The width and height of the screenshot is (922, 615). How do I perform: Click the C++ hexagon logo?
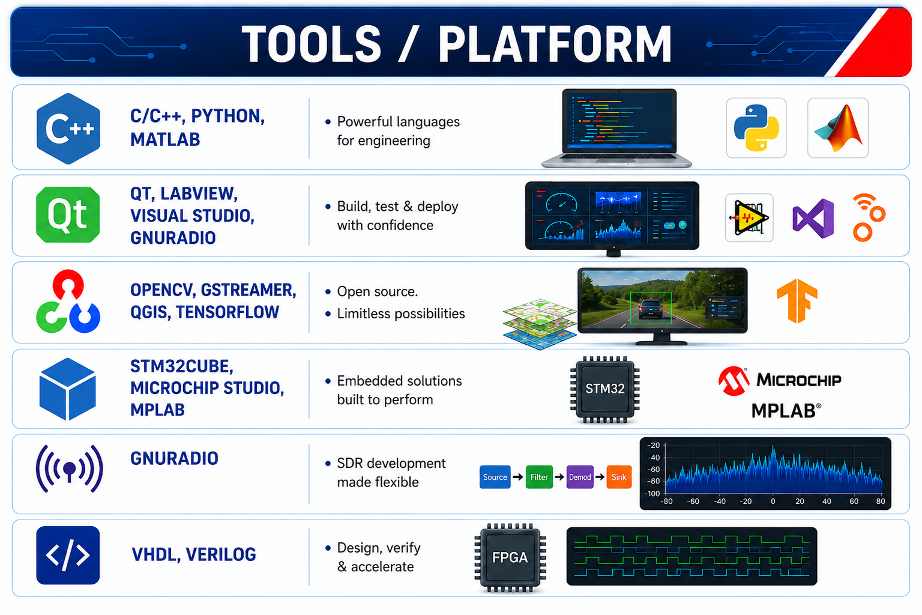tap(68, 129)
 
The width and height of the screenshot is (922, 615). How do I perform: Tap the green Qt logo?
tap(68, 214)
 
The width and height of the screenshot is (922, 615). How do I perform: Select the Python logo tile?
tap(756, 128)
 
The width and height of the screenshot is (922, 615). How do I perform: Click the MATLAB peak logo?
tap(838, 128)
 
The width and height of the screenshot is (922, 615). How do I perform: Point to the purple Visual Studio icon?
tap(813, 219)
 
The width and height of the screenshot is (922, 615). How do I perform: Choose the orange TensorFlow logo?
tap(797, 301)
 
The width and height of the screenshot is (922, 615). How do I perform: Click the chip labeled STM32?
tap(604, 389)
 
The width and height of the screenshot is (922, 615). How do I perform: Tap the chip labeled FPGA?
tap(510, 557)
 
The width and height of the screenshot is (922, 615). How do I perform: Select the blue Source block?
tap(495, 477)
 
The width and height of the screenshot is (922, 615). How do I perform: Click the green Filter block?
tap(539, 477)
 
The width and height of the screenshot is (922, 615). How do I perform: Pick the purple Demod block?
tap(580, 477)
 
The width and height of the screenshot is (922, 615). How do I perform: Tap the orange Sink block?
tap(619, 477)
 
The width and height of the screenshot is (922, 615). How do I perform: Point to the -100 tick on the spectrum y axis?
tap(653, 494)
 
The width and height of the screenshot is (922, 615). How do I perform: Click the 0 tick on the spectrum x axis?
tap(773, 501)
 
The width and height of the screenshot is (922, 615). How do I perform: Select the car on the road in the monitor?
tap(650, 309)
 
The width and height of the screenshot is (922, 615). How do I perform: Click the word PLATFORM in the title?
tap(555, 44)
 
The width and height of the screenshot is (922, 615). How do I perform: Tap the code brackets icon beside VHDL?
tap(68, 556)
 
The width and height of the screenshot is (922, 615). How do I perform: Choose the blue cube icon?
tap(68, 389)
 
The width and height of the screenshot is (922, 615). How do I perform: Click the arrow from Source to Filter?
tap(518, 477)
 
